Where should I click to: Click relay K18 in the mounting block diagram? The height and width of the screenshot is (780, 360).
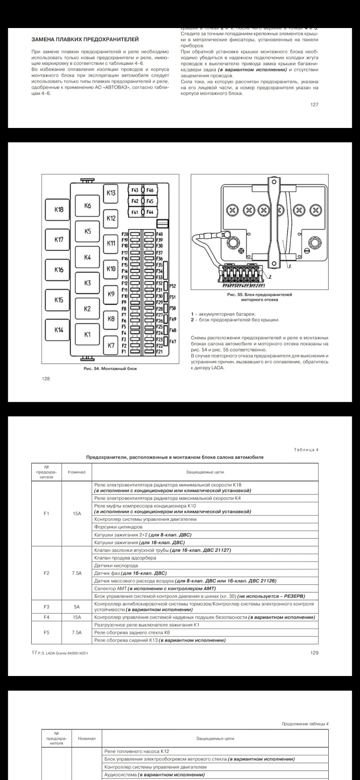[59, 210]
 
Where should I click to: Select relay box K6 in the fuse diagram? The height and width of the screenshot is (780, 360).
[88, 206]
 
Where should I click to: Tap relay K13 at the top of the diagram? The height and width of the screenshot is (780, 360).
[111, 193]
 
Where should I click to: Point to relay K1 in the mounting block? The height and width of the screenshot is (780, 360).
[87, 334]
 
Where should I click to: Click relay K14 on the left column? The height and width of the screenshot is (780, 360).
[59, 330]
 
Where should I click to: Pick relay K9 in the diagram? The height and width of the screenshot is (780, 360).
[111, 294]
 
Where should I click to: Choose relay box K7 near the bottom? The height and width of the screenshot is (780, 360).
[111, 346]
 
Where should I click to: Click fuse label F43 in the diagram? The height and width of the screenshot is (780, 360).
[135, 190]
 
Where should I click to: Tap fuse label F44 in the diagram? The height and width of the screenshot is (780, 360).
[150, 212]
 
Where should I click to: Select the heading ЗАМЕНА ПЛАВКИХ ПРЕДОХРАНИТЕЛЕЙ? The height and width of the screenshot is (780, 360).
[85, 39]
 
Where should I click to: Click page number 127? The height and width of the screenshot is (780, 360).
[314, 104]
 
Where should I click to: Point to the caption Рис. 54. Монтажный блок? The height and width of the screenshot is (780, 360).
[110, 368]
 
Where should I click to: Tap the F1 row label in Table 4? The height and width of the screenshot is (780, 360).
[46, 513]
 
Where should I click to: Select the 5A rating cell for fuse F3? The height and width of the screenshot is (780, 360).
[77, 607]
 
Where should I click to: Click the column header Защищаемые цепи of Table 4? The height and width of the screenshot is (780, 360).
[205, 472]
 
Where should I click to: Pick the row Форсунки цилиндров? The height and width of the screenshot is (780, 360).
[118, 527]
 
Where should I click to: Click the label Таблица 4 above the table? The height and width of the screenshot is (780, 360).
[306, 450]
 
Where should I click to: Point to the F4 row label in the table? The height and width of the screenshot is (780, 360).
[46, 617]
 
